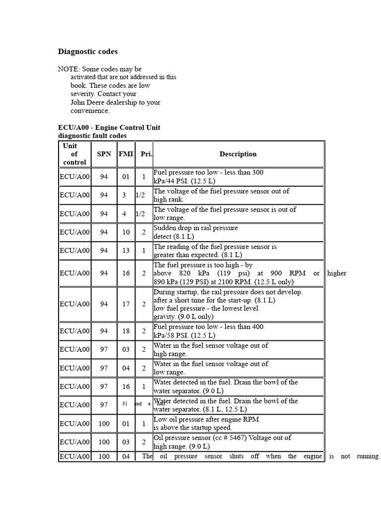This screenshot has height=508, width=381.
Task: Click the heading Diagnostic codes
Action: coord(88,52)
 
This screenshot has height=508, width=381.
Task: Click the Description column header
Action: coord(238,154)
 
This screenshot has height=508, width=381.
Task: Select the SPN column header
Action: coord(104,154)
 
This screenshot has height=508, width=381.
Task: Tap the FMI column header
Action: coord(126,154)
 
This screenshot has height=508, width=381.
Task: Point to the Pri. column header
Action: coord(146,154)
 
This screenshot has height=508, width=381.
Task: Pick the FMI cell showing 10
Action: coord(126,232)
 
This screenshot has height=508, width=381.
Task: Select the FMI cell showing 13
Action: coord(126,251)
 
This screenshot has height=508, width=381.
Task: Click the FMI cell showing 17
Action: coord(126,304)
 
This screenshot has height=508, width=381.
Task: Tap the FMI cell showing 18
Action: coord(126,331)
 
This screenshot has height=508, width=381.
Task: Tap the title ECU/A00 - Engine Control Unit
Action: coord(109,127)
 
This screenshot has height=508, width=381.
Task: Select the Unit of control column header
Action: coord(74,154)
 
